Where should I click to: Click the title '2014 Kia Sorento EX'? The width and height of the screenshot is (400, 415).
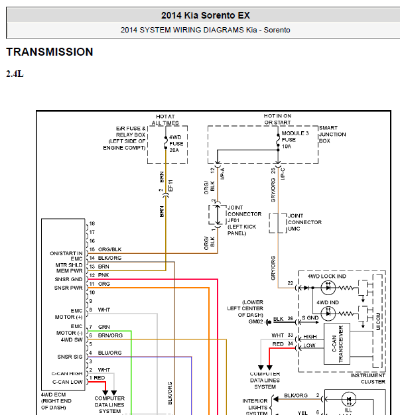coord(205,15)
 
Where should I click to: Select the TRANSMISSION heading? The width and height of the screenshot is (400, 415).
coord(50,52)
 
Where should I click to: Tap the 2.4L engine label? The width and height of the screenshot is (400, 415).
coord(15,74)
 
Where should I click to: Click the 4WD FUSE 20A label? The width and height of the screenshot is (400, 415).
coord(176,144)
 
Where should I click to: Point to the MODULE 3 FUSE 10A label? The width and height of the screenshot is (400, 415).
coord(295,140)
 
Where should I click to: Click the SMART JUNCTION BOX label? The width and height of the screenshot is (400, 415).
coord(332,135)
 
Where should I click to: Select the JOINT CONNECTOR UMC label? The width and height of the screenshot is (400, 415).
coord(304,222)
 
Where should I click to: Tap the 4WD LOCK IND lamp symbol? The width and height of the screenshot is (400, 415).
coord(328,288)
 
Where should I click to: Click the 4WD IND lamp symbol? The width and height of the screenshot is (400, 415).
coord(328,314)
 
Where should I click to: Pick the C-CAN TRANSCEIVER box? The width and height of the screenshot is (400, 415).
coord(337,343)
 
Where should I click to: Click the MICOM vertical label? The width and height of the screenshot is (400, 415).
coord(378,322)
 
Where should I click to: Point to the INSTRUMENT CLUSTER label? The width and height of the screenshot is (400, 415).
coord(367,379)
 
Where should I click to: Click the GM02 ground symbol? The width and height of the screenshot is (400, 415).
coord(269,322)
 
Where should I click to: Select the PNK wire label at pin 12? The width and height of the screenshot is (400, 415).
coord(103,275)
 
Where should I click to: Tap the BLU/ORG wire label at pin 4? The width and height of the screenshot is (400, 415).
coord(109,353)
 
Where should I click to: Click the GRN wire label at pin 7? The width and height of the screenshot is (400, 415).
coord(104,327)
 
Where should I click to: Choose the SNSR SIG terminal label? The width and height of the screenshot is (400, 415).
coord(70,357)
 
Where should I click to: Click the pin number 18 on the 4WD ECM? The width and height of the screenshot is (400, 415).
coord(92,223)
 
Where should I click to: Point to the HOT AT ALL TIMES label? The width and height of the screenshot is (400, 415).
coord(165,119)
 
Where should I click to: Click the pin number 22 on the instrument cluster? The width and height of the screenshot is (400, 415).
coord(291,283)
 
